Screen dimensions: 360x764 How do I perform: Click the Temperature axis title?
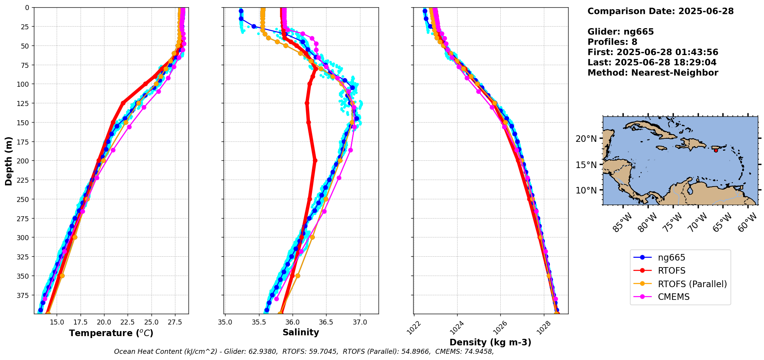pos(111,333)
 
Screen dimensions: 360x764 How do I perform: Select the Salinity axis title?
pos(301,333)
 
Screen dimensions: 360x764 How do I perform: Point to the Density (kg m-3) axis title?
pos(490,342)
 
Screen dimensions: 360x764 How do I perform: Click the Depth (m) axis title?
pos(9,161)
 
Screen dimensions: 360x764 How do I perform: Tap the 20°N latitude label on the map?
pos(586,138)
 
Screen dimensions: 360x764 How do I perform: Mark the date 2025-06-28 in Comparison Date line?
pos(706,11)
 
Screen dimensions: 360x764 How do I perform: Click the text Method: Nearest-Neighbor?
pos(653,73)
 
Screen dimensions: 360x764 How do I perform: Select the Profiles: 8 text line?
pos(612,42)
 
